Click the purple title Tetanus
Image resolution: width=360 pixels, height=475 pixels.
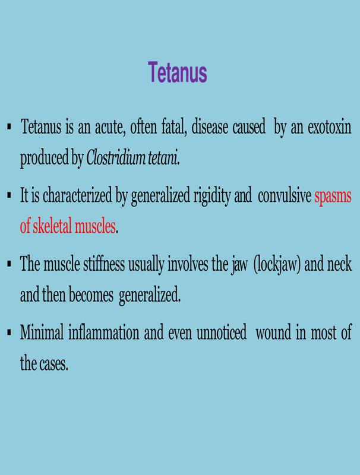pos(178,72)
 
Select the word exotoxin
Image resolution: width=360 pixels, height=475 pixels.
pos(329,126)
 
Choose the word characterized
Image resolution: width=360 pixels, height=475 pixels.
pos(77,196)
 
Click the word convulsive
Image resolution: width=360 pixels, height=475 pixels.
pos(284,196)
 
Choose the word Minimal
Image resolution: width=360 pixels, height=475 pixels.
pos(42,332)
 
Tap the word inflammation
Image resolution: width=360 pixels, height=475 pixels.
pos(103,332)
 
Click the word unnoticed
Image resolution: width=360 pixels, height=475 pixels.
pos(221,332)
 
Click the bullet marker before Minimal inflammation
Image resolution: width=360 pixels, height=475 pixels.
pos(9,332)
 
